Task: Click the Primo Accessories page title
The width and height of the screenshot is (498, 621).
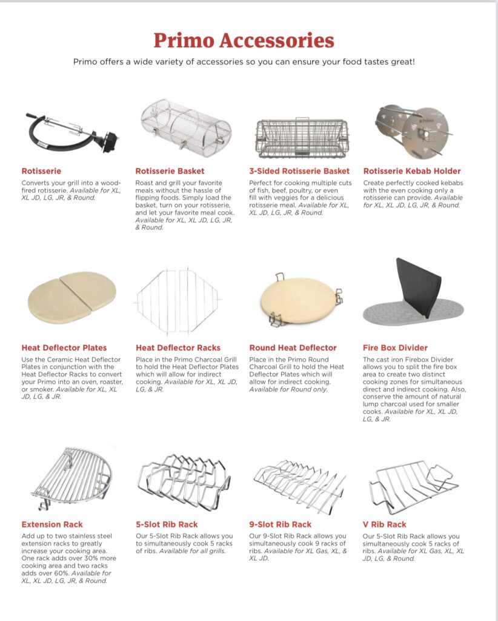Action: tap(244, 40)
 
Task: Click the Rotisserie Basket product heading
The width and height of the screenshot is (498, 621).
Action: tap(170, 171)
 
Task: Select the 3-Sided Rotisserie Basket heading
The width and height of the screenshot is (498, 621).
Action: tap(299, 171)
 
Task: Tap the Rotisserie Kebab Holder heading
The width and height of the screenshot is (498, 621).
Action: tap(412, 171)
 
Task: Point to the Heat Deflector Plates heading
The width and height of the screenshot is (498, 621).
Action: tap(64, 347)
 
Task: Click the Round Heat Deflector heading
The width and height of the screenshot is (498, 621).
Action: tap(293, 347)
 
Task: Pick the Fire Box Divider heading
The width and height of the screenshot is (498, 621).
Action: tap(395, 347)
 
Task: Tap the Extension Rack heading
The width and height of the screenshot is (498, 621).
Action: tap(52, 524)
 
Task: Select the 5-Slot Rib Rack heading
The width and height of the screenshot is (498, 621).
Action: tap(167, 524)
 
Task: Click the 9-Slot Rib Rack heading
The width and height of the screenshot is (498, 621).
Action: tap(281, 524)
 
